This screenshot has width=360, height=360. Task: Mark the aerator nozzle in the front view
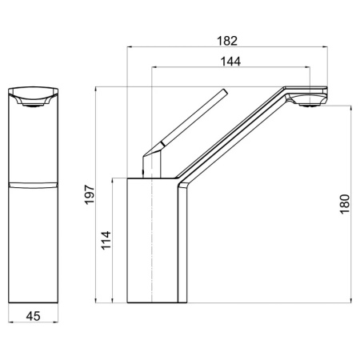click(34, 102)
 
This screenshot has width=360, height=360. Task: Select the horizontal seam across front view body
click(34, 185)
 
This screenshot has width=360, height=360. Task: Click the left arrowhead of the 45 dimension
click(10, 326)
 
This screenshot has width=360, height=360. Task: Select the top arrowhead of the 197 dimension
click(96, 87)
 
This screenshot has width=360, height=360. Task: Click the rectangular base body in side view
click(152, 240)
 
